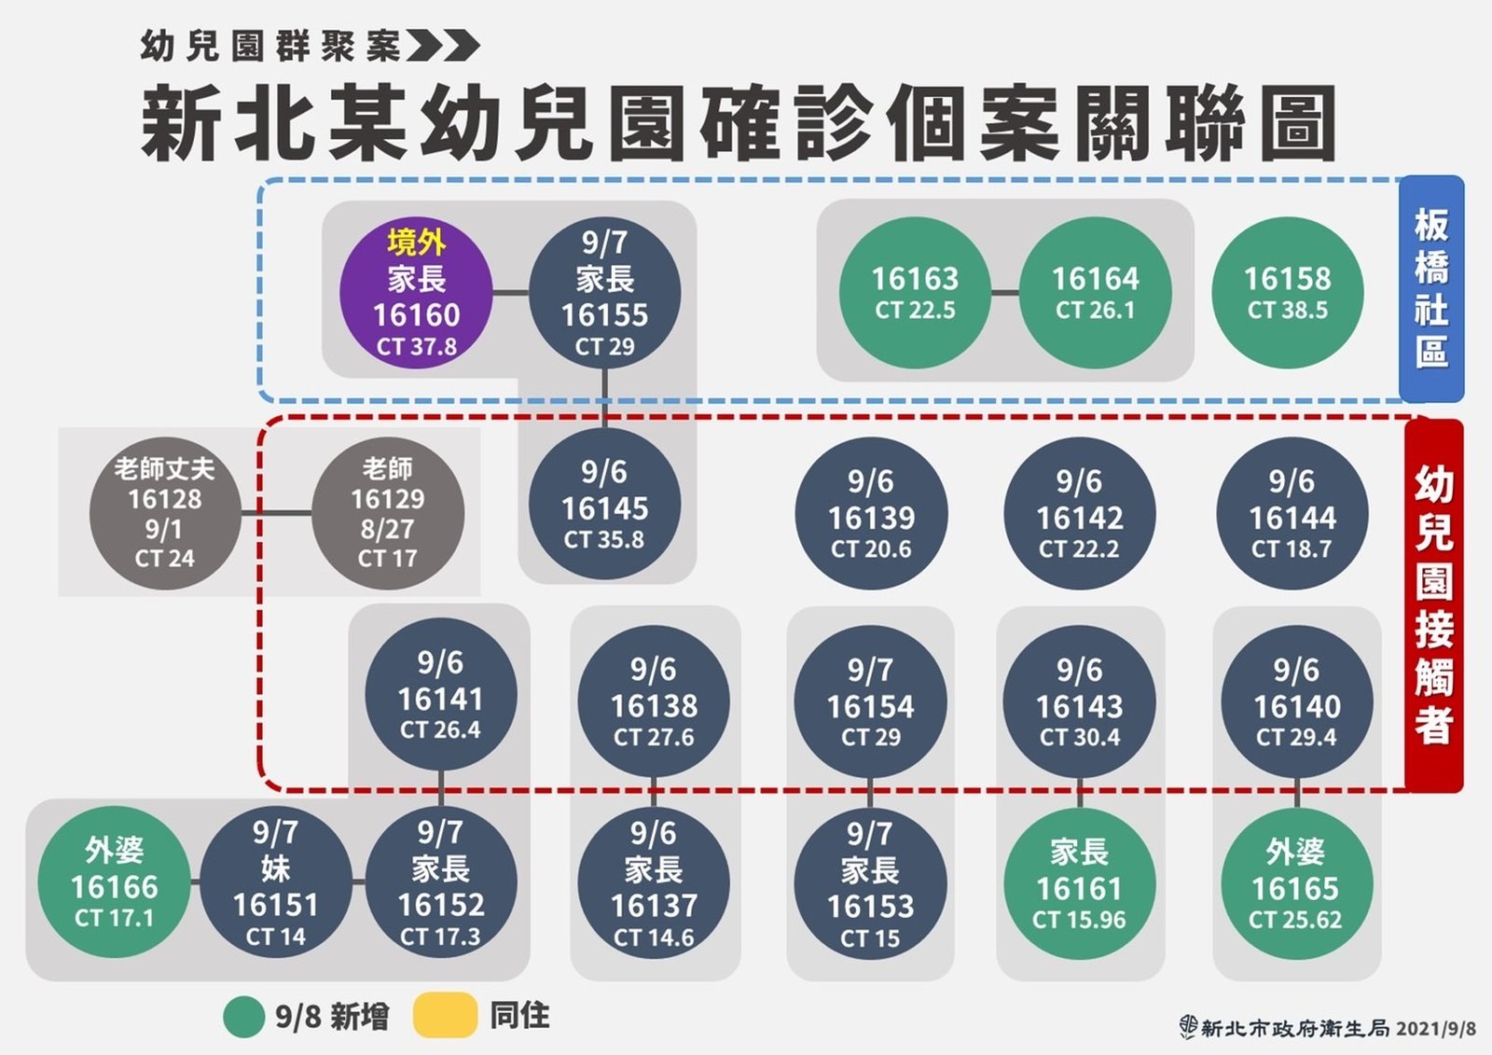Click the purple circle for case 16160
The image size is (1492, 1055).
(416, 294)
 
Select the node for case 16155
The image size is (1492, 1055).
(604, 294)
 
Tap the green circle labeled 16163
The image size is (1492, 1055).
(915, 293)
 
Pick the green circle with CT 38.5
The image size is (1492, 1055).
(1287, 293)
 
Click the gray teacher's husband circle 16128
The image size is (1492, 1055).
(164, 513)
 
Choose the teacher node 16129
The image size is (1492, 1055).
(387, 513)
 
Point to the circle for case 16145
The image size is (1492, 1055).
(604, 505)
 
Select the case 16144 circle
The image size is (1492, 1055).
(1292, 514)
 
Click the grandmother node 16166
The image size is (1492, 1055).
(114, 882)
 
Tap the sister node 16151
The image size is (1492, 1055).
(276, 882)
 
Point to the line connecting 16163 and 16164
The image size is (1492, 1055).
(1004, 293)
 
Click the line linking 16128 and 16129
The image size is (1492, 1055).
(276, 513)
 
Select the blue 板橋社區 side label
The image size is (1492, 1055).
(1431, 288)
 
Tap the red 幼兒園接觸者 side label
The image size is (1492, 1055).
(1433, 605)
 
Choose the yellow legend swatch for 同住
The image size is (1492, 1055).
(445, 1017)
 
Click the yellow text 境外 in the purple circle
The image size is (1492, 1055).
(416, 243)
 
